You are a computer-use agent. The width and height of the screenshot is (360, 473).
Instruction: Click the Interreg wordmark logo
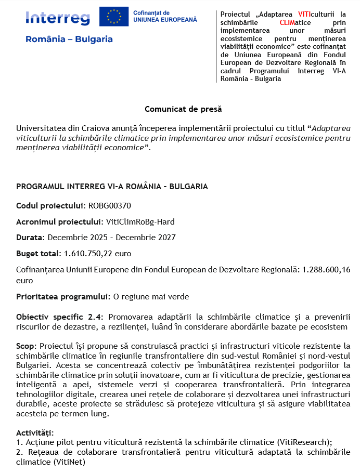pos(57,18)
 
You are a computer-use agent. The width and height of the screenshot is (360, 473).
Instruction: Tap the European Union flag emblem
pos(114,17)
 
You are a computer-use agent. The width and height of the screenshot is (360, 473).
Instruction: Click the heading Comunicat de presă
pos(183,109)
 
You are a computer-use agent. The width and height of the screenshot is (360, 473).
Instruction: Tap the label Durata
pos(30,238)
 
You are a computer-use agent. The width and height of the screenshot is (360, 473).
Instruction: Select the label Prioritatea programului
pos(63,297)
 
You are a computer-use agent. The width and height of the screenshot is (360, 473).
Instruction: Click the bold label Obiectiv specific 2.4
pos(59,317)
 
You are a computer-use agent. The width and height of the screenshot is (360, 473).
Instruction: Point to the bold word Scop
pos(26,346)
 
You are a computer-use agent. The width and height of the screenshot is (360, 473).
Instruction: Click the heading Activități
pos(35,432)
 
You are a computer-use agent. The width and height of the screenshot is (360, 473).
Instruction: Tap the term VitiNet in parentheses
pos(70,462)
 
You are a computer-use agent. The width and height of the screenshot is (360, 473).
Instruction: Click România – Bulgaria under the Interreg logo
pos(69,40)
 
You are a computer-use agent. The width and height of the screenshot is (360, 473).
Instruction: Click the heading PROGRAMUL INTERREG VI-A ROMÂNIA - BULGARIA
pos(112,187)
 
